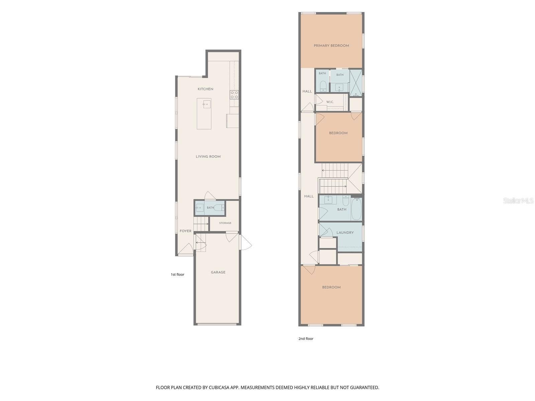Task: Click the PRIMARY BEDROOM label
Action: pyautogui.click(x=331, y=45)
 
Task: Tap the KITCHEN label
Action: pyautogui.click(x=205, y=89)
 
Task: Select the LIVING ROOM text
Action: pyautogui.click(x=208, y=156)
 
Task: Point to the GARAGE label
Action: pyautogui.click(x=218, y=272)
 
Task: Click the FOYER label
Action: pyautogui.click(x=185, y=231)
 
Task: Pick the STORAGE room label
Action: pyautogui.click(x=225, y=223)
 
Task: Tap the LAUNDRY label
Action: pyautogui.click(x=345, y=233)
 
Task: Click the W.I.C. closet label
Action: pyautogui.click(x=330, y=102)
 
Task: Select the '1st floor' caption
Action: pyautogui.click(x=177, y=275)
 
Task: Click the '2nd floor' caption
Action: pyautogui.click(x=306, y=339)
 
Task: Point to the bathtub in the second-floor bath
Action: pyautogui.click(x=356, y=209)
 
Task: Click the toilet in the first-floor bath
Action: pyautogui.click(x=219, y=208)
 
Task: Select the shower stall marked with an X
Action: pyautogui.click(x=356, y=83)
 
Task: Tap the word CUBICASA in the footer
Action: pyautogui.click(x=219, y=387)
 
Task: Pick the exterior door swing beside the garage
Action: pyautogui.click(x=245, y=242)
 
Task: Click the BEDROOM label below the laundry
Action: pyautogui.click(x=331, y=287)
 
